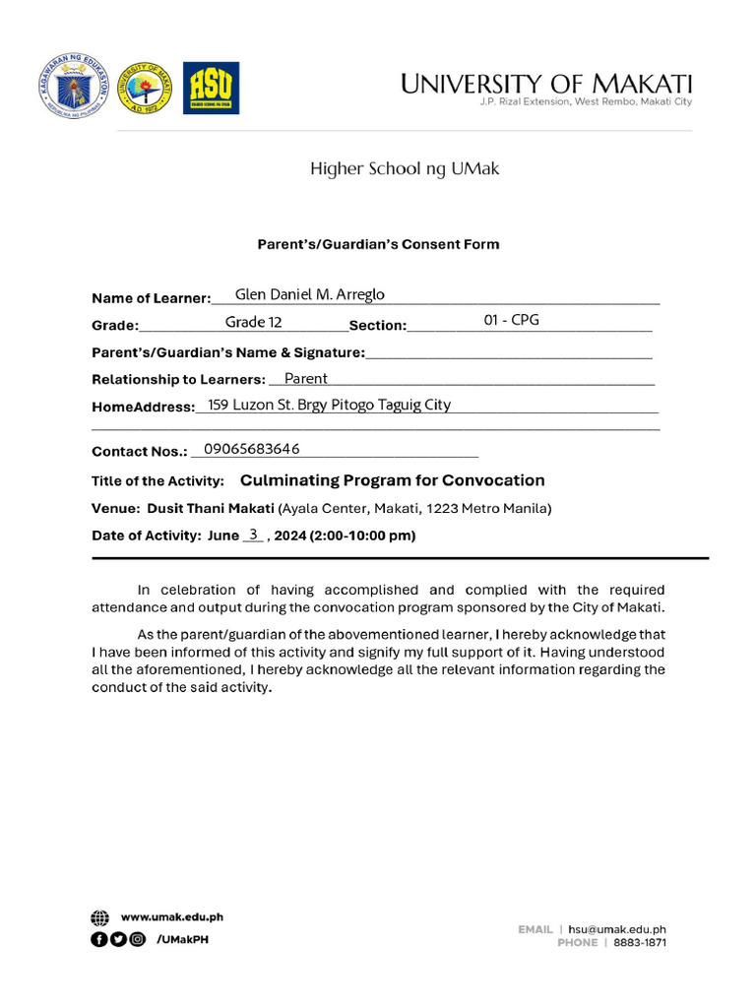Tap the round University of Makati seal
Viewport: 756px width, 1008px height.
tap(145, 89)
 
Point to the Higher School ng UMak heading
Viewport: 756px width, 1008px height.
tap(405, 168)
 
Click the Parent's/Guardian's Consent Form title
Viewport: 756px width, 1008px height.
tap(379, 244)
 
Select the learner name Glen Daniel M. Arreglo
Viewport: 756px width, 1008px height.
tap(309, 294)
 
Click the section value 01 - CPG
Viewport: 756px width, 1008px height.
tap(512, 320)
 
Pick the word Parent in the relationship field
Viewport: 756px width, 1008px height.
tap(305, 378)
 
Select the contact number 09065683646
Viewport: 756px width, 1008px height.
tap(251, 449)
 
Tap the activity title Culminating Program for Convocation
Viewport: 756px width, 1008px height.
tap(392, 480)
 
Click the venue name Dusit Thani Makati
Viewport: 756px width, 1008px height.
tap(211, 509)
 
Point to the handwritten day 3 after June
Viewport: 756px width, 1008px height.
tap(253, 535)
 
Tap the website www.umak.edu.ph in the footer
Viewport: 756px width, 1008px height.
tap(171, 916)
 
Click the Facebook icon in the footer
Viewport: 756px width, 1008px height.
tap(98, 939)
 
